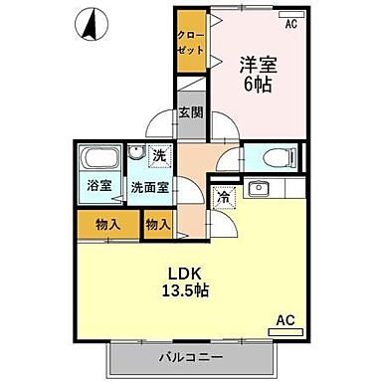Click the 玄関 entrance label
coord(190,111)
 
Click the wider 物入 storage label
coord(108,225)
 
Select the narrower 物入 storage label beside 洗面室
coord(156,225)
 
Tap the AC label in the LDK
coord(284,320)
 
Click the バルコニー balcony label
coord(190,356)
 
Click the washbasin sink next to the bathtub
coord(134,155)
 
